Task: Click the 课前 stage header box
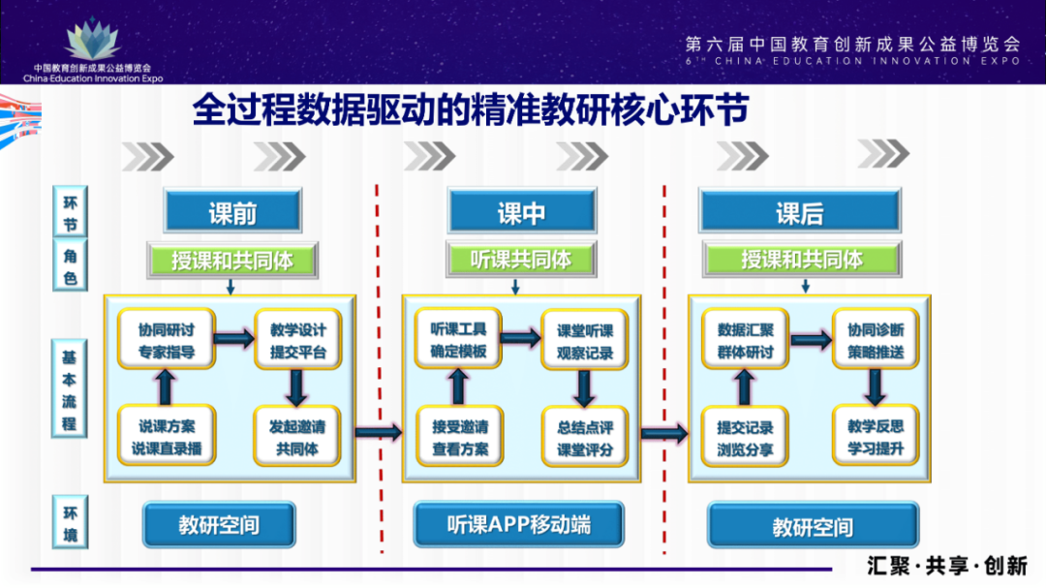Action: point(232,212)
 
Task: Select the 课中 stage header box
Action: point(521,212)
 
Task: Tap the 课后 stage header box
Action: point(799,212)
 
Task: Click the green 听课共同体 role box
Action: point(521,260)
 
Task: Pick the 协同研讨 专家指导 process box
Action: point(166,340)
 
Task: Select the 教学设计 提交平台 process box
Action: point(298,340)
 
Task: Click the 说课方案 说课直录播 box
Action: point(166,436)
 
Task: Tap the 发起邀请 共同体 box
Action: point(298,436)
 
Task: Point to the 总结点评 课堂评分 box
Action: point(585,437)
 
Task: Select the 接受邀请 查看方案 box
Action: point(460,437)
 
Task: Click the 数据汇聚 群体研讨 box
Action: point(745,340)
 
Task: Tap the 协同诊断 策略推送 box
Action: point(875,340)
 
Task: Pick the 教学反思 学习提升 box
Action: point(875,437)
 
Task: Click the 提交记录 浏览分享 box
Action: point(745,437)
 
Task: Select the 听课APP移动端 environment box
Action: point(519,525)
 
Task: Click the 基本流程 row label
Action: point(71,387)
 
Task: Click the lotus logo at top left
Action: point(92,39)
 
